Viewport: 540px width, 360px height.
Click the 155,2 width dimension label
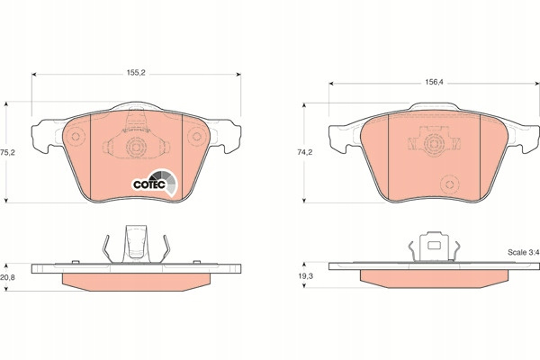click(x=136, y=73)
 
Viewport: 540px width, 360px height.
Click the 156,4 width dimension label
click(x=435, y=82)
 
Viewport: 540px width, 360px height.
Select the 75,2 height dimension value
click(x=7, y=153)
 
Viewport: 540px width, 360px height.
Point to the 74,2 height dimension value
click(x=305, y=152)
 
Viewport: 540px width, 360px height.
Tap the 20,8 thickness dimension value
click(x=7, y=277)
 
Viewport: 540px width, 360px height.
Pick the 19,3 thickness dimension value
click(x=305, y=276)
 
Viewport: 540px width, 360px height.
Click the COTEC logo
click(x=155, y=183)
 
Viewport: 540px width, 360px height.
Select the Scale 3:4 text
click(x=523, y=253)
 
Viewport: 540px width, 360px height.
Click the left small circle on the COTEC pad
click(x=76, y=137)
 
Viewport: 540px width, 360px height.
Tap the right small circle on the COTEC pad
click(x=196, y=137)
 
